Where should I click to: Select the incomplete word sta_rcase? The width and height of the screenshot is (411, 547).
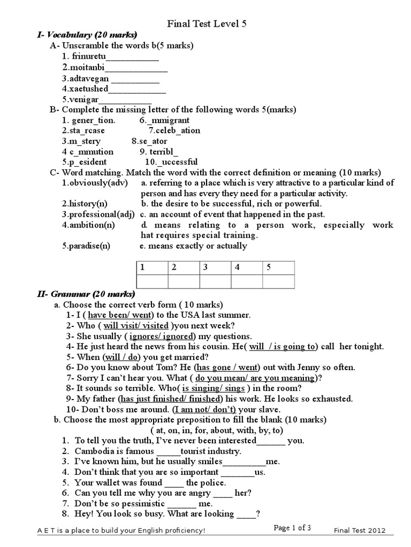click(83, 130)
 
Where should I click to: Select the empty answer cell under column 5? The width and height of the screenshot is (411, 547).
click(278, 281)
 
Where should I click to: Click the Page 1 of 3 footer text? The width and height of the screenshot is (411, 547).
click(292, 528)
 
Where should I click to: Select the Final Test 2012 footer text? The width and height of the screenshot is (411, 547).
click(359, 530)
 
